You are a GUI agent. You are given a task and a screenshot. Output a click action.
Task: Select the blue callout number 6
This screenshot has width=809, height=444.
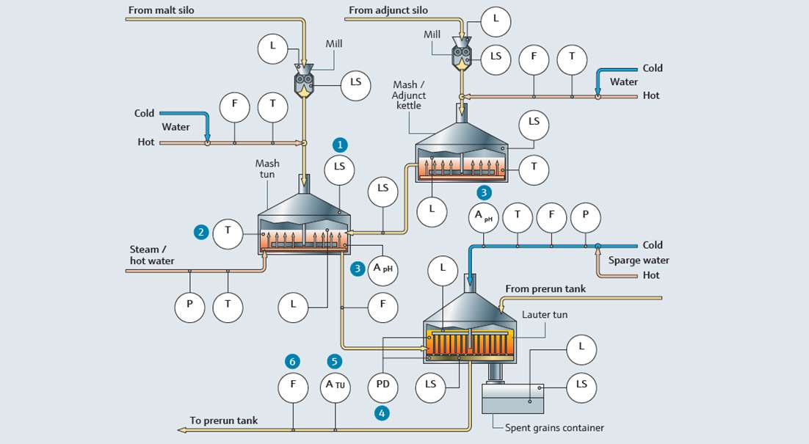tap(293, 361)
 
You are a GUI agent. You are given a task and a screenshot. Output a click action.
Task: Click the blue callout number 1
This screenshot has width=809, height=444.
tap(339, 144)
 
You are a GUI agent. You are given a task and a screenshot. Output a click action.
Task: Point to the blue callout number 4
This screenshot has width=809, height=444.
tap(382, 412)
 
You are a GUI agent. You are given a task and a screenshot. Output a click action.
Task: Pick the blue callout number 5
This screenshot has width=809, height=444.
tap(335, 361)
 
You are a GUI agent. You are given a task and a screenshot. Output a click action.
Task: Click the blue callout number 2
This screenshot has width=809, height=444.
tap(200, 232)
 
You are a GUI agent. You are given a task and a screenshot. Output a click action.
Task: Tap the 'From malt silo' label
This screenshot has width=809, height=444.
tap(161, 10)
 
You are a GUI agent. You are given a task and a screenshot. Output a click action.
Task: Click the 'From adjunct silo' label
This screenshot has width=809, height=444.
tap(388, 10)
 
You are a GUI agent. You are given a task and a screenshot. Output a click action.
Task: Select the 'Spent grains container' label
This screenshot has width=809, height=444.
tap(554, 428)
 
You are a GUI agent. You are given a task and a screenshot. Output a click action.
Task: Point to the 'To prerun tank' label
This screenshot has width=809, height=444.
tap(224, 421)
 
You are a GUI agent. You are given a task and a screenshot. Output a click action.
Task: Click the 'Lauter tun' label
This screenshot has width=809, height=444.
tap(544, 314)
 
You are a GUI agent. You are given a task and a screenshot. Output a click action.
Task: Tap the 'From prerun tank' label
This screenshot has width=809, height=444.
tap(546, 289)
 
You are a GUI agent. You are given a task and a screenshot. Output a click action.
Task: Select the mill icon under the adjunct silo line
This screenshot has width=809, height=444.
tap(462, 58)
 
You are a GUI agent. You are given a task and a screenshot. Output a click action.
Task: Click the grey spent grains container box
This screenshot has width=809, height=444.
tap(512, 398)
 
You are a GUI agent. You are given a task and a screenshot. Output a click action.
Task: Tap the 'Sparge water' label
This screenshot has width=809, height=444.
tap(639, 261)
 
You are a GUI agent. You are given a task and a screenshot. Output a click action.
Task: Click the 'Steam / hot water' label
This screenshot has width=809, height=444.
tap(152, 255)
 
